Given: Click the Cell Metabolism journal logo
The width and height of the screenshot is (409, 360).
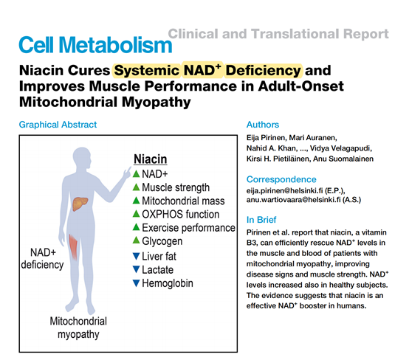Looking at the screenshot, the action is (x=95, y=45).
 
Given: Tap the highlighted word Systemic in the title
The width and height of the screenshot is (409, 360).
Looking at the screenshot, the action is (x=147, y=71).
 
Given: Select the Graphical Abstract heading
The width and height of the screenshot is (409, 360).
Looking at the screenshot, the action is (x=58, y=125).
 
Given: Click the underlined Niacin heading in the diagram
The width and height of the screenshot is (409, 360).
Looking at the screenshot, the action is (x=151, y=159).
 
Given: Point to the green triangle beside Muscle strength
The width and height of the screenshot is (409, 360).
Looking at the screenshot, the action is (x=136, y=187).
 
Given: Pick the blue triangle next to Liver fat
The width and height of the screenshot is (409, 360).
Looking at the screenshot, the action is (x=136, y=256).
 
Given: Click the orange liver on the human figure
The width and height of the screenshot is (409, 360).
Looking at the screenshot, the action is (x=80, y=204).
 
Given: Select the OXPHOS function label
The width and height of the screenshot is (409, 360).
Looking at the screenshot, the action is (x=180, y=214).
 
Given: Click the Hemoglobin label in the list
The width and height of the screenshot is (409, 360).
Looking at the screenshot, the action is (x=168, y=283).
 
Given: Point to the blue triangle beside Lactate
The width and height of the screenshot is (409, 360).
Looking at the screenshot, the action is (x=136, y=269).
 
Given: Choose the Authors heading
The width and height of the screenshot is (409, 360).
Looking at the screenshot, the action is (x=263, y=125).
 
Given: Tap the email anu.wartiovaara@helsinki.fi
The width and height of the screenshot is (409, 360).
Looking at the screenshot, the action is (x=293, y=200).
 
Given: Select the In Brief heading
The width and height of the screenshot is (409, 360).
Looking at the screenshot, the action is (x=261, y=220).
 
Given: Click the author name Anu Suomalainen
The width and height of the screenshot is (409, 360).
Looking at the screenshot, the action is (x=343, y=159).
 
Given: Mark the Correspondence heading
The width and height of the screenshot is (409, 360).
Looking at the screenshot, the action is (x=281, y=179).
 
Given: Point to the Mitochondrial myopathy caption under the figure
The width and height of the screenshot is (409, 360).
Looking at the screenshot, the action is (x=78, y=328).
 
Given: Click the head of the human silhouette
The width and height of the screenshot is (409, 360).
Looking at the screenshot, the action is (x=83, y=158).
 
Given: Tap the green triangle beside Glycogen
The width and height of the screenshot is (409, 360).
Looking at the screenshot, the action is (x=136, y=240).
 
